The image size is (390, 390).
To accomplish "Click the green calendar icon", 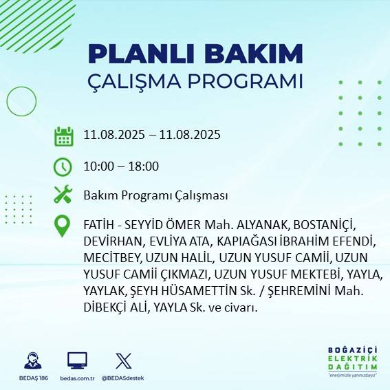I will click(x=63, y=136).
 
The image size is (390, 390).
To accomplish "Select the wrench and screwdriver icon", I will click(x=63, y=195).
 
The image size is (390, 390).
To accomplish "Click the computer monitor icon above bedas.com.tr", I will click(x=76, y=360).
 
